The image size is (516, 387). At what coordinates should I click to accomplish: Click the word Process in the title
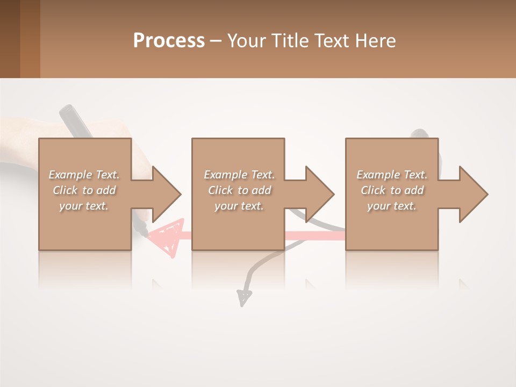[x=169, y=41]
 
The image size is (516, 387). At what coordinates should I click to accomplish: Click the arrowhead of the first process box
[x=166, y=194]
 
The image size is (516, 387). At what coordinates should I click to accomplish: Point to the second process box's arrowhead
[x=319, y=194]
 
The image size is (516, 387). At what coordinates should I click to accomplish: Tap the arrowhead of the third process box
[x=473, y=194]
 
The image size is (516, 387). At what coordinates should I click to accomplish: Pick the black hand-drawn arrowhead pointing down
[x=244, y=297]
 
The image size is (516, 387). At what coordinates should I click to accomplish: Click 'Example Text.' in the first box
[x=84, y=175]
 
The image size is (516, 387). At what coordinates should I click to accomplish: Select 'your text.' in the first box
[x=84, y=206]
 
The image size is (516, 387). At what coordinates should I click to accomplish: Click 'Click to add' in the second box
[x=239, y=190]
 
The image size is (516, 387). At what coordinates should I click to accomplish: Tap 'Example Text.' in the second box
[x=239, y=175]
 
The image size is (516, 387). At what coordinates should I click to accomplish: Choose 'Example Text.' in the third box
[x=392, y=175]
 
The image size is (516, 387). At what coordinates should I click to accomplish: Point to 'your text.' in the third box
[x=392, y=206]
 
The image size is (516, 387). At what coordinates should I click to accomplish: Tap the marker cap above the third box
[x=420, y=133]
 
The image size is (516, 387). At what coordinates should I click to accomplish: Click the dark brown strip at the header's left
[x=10, y=39]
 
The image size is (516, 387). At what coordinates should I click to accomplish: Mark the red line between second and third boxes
[x=314, y=235]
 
